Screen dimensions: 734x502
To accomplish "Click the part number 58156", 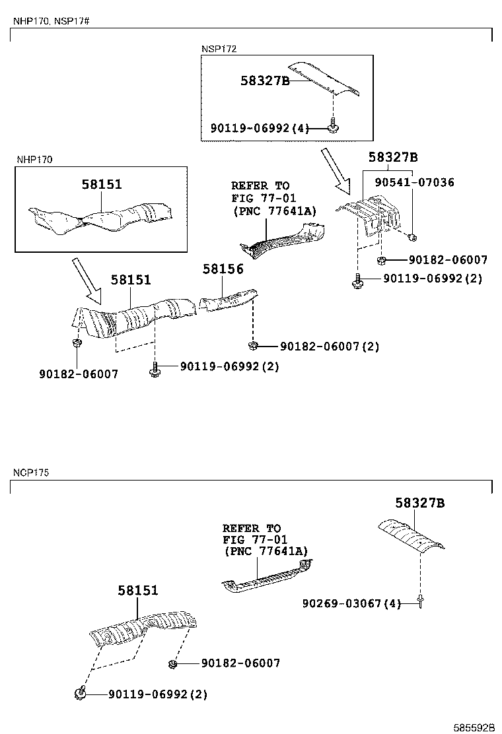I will [223, 269].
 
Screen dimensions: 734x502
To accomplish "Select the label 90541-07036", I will [414, 182].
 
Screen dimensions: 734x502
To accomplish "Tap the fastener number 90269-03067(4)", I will [351, 603].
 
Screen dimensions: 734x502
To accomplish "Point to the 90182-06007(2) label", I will [330, 346].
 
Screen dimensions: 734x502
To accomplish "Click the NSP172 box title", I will [219, 49].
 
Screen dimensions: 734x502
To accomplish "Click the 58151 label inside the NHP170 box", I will [102, 184].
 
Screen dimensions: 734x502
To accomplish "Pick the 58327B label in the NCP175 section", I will [420, 504].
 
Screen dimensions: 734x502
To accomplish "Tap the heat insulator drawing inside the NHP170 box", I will [99, 218].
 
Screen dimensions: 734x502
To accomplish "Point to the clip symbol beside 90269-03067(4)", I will [419, 601].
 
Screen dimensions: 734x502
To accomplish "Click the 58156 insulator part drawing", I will [228, 299].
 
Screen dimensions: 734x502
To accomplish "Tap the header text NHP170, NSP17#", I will [51, 21].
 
